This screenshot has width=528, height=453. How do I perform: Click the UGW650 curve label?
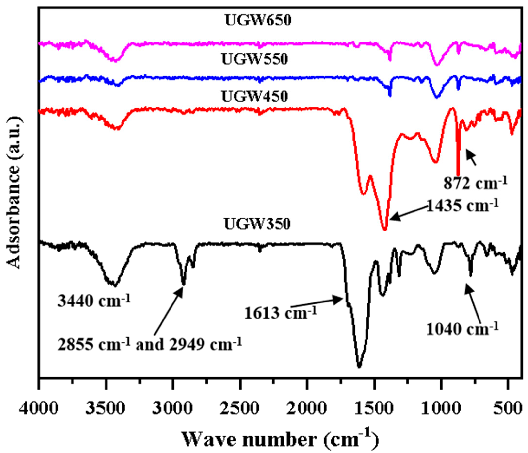click(258, 20)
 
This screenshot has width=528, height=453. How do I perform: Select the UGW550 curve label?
click(255, 59)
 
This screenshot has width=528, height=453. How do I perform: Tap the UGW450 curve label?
click(255, 97)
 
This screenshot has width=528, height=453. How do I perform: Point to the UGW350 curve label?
click(257, 224)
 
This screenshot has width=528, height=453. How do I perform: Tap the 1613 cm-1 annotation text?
click(280, 313)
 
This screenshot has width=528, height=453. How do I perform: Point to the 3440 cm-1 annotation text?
click(94, 301)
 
